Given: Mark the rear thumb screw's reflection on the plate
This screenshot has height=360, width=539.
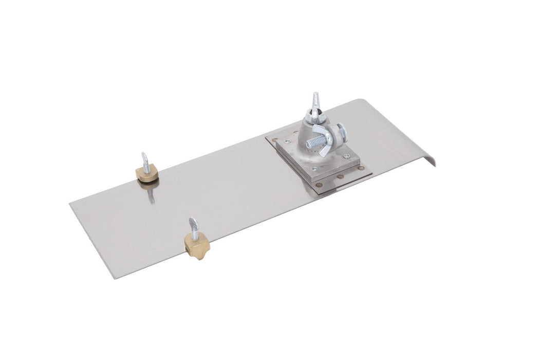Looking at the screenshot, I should click(150, 194).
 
